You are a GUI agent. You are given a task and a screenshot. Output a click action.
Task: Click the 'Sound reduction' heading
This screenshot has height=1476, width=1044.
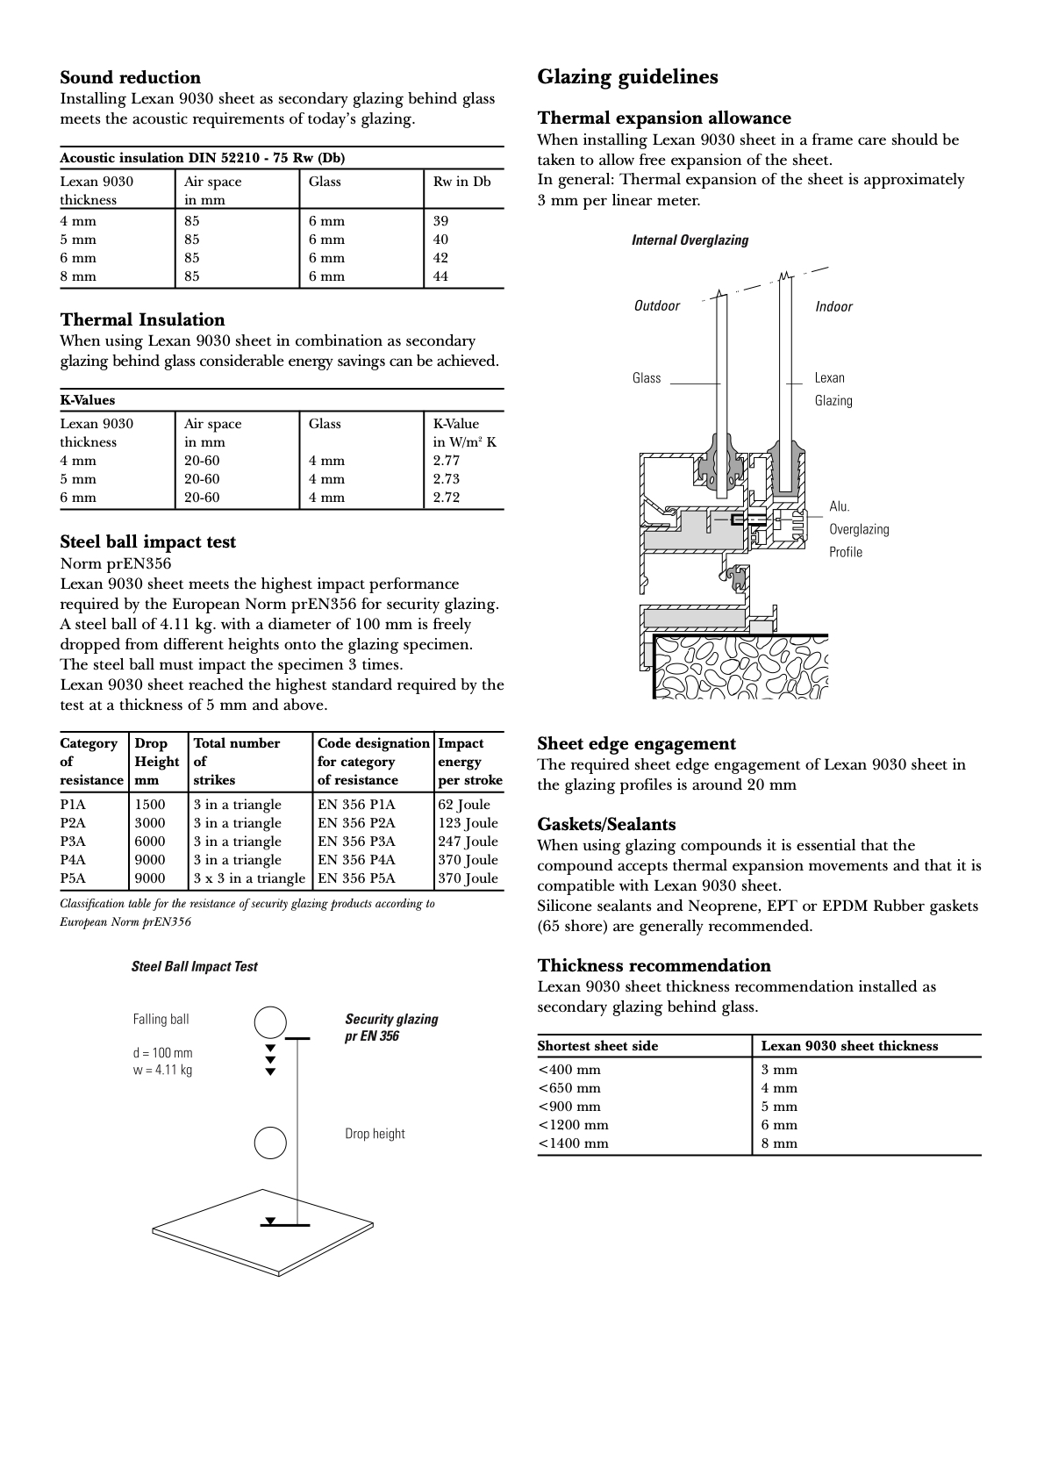click(x=130, y=77)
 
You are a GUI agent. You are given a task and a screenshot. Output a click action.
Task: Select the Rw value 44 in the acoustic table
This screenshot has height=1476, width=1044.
click(x=440, y=276)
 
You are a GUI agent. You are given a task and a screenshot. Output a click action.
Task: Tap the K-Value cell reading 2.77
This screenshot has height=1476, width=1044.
click(x=446, y=461)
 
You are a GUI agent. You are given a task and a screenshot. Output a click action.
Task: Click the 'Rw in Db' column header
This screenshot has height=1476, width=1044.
click(x=461, y=182)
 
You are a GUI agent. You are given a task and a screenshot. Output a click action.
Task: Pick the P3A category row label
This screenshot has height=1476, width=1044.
click(x=73, y=842)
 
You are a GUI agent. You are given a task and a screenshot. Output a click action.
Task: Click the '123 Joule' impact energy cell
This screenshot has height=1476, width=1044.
click(x=468, y=823)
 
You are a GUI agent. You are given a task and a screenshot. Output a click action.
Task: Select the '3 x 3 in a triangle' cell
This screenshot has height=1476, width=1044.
click(x=249, y=878)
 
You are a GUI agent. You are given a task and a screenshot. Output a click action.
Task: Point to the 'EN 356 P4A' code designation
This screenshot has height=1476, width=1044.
click(x=356, y=860)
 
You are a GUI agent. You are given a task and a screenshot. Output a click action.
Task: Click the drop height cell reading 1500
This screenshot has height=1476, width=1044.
click(x=149, y=805)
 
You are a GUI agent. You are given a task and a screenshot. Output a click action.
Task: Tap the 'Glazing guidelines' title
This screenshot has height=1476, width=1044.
click(x=627, y=77)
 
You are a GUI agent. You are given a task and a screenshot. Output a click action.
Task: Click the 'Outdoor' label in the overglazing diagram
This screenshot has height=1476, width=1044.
click(x=656, y=305)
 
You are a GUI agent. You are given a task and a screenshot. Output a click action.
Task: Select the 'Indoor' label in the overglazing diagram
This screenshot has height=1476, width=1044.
click(x=833, y=306)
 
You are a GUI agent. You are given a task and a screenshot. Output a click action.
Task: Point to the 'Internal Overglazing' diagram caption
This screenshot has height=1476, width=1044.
click(x=690, y=240)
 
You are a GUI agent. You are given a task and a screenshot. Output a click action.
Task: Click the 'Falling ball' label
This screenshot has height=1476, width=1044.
click(x=161, y=1019)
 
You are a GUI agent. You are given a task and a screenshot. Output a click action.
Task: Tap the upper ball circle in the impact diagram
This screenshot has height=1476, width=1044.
click(x=271, y=1022)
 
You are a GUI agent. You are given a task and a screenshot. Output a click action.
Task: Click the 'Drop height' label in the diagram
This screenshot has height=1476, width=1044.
click(x=375, y=1134)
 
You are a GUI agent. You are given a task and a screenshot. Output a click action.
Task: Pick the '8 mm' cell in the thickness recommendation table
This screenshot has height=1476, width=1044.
click(x=779, y=1143)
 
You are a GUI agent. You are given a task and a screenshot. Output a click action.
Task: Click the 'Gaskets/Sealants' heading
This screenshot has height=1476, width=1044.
click(x=606, y=824)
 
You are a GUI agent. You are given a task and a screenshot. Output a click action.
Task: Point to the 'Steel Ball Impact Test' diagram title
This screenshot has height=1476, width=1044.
click(x=194, y=966)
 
